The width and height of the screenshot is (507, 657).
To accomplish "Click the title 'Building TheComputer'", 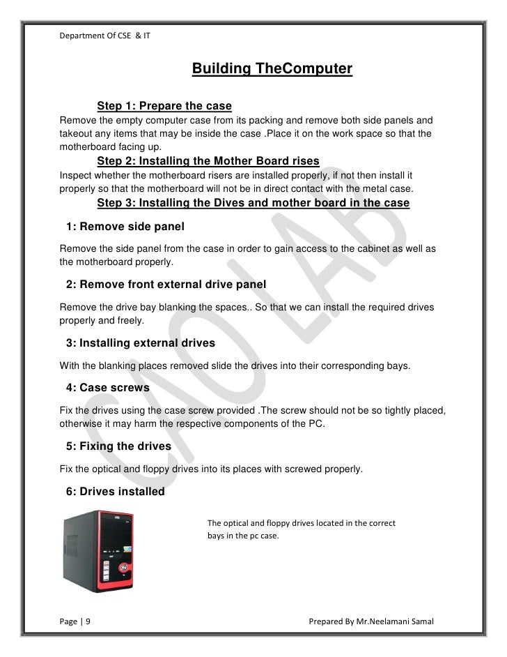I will tap(272, 69).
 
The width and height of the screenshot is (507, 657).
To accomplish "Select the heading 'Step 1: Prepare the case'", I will tap(164, 106).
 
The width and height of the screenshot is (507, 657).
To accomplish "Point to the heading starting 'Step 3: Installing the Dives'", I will tap(253, 202).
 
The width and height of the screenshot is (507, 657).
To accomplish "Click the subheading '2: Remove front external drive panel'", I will tap(165, 285).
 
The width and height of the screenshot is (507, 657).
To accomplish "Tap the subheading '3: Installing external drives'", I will tap(140, 343).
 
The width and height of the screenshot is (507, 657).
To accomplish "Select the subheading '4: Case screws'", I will tap(107, 387).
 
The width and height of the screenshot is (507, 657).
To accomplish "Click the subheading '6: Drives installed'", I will tap(115, 492).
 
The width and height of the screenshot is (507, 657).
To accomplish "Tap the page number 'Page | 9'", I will tap(79, 621).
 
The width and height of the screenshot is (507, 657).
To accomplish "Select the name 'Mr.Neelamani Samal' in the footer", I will tap(401, 621).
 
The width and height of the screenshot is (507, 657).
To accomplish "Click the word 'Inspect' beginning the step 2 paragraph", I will tap(75, 174).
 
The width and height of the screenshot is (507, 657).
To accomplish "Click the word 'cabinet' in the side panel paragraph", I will tap(345, 249).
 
